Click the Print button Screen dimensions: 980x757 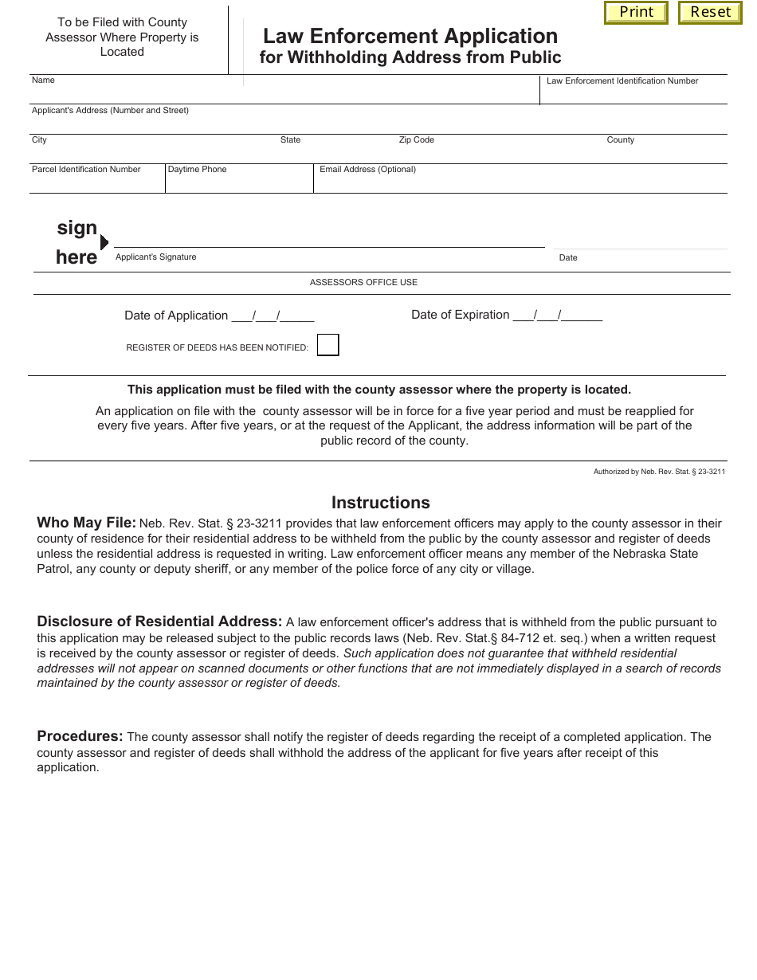(x=636, y=13)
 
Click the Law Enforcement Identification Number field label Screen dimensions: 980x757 (x=622, y=81)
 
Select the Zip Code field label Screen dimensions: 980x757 (x=416, y=140)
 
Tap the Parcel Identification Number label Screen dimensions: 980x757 (x=86, y=170)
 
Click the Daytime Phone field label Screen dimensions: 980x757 (x=197, y=170)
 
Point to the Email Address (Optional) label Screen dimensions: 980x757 (x=367, y=170)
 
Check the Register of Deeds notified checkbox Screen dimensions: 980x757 (x=328, y=345)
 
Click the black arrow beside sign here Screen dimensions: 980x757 (x=104, y=242)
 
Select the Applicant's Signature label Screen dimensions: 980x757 (x=155, y=257)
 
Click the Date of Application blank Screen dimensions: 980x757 (x=273, y=316)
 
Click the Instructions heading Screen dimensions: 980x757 (x=380, y=503)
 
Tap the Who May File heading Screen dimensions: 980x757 (x=86, y=523)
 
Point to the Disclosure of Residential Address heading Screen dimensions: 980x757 (x=159, y=621)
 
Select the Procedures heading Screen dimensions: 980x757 (x=80, y=736)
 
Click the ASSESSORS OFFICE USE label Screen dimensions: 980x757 (x=363, y=283)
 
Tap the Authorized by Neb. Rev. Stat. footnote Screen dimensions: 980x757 (x=659, y=472)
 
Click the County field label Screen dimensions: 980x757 (x=620, y=140)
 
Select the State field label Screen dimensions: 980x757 (x=290, y=140)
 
